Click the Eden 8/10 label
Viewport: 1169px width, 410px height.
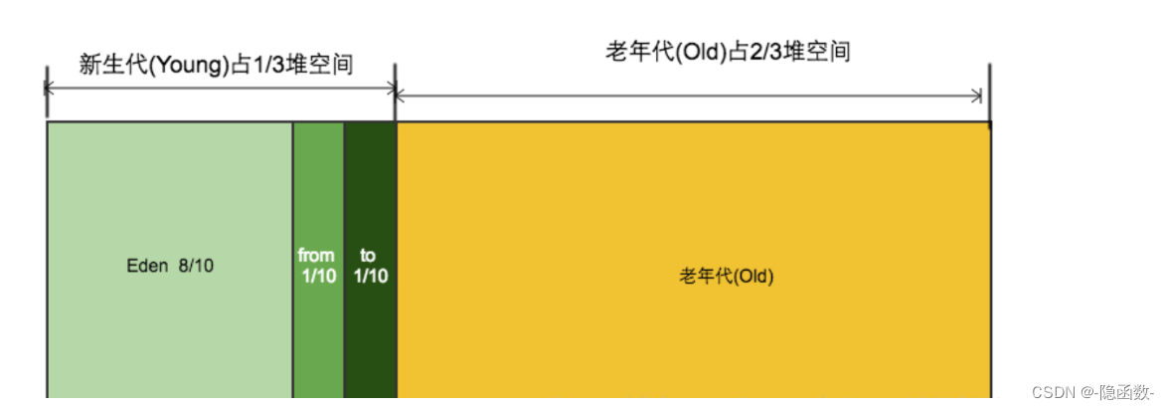click(x=170, y=266)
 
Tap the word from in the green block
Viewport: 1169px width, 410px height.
click(x=316, y=256)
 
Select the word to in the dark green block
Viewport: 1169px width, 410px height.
click(x=369, y=256)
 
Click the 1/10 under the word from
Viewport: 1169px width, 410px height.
click(x=318, y=276)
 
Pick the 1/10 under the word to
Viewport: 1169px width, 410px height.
click(x=371, y=276)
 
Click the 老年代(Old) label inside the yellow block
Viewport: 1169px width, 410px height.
click(x=726, y=276)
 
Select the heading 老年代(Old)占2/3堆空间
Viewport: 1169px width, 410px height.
click(x=728, y=52)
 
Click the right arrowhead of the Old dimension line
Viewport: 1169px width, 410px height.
click(x=977, y=96)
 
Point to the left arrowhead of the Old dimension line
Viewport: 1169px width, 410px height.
click(x=401, y=96)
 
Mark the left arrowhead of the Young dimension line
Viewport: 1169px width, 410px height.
click(x=50, y=88)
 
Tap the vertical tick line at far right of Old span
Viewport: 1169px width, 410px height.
click(x=990, y=95)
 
